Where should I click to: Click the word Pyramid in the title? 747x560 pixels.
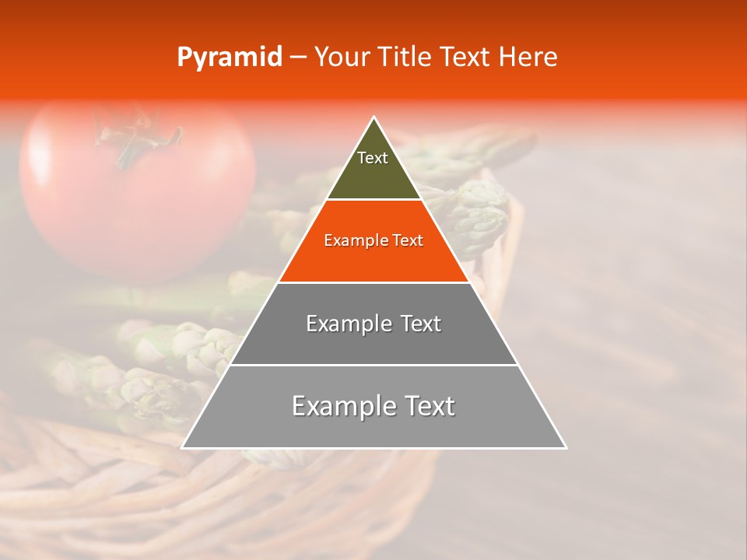tap(229, 58)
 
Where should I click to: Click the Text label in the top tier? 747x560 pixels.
tap(373, 158)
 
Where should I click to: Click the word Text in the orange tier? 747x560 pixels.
tap(408, 241)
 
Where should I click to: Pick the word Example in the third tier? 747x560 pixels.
tap(347, 324)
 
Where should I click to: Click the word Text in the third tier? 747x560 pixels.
tap(420, 324)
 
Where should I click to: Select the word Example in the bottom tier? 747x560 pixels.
tap(342, 406)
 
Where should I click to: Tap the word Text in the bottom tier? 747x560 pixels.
tap(429, 406)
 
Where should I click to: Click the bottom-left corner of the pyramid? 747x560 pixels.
tap(182, 448)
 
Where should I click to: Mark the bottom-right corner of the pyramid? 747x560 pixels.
tap(566, 448)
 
